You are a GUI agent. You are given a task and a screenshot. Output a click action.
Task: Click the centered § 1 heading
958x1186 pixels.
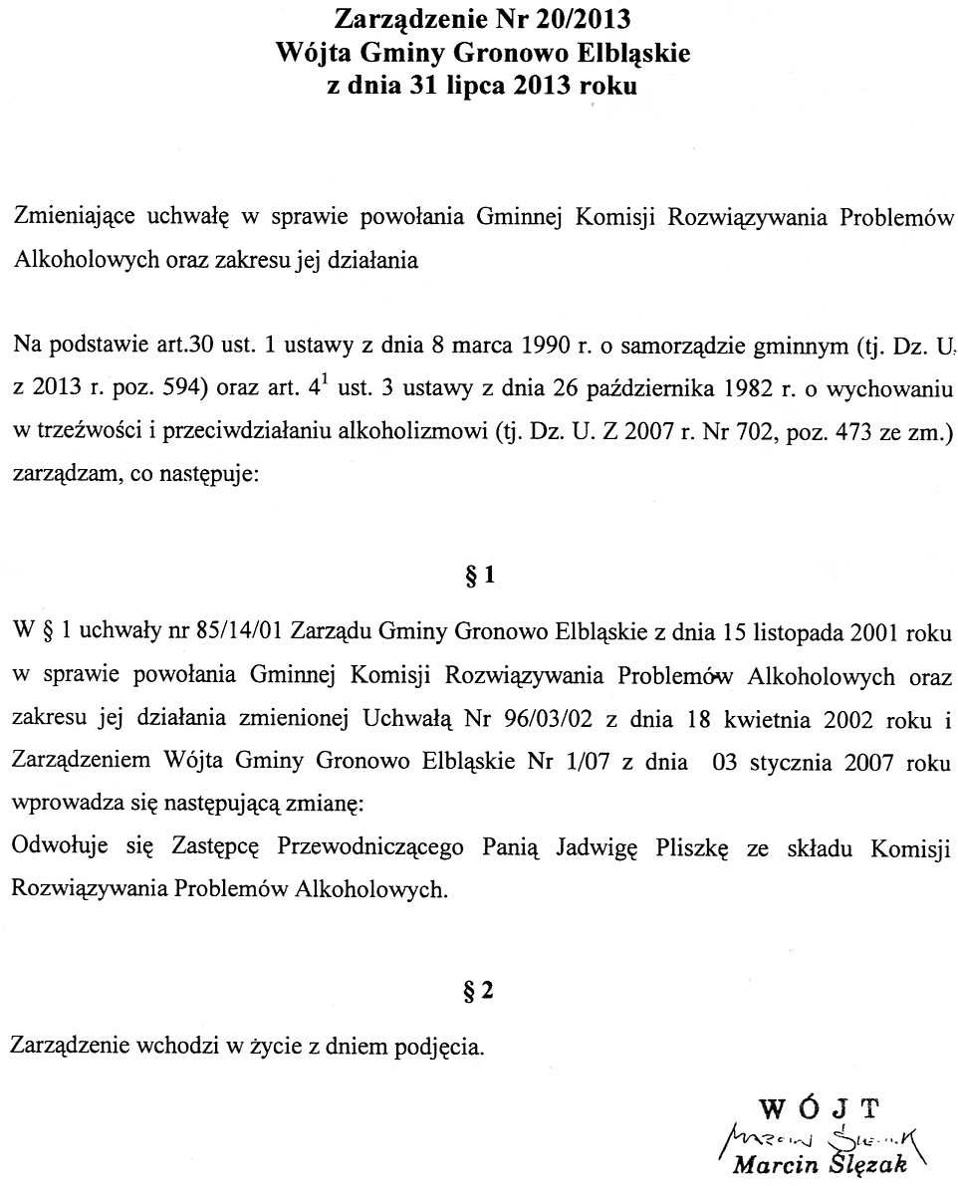point(479,579)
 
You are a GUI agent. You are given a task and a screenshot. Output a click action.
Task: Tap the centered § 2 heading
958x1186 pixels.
point(479,991)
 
